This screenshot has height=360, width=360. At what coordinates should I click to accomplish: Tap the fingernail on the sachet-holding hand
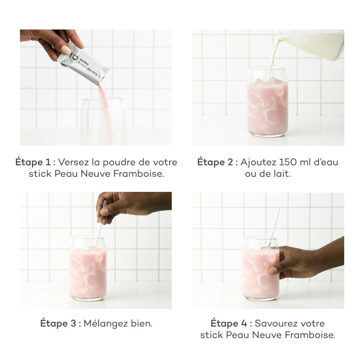66,50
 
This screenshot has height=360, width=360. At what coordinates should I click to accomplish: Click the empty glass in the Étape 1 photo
104,121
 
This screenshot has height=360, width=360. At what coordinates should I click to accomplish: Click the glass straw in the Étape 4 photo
274,228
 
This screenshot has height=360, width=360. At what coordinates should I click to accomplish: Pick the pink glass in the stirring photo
88,268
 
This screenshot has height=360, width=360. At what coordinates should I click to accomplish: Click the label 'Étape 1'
33,162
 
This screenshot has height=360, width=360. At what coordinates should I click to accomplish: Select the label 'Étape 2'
215,162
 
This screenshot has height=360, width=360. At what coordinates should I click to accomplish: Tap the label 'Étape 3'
58,323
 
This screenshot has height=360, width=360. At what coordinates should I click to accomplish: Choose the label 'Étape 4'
229,323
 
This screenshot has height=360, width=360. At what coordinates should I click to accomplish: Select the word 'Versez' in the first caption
73,162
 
